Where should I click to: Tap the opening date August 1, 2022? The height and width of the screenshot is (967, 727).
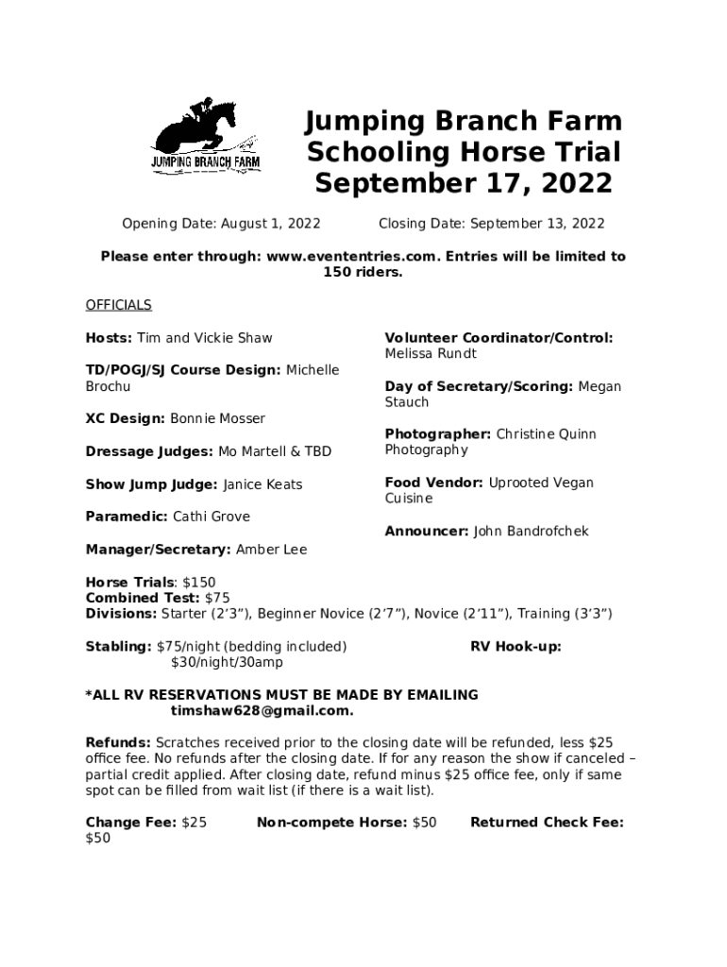(x=270, y=224)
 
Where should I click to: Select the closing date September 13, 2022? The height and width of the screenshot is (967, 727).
(x=537, y=224)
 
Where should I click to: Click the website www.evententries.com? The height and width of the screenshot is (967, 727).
(x=353, y=256)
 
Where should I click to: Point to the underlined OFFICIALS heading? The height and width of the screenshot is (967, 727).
(x=118, y=305)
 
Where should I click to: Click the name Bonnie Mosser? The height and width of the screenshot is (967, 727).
(x=218, y=418)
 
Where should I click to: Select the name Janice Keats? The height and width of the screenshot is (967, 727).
(x=262, y=484)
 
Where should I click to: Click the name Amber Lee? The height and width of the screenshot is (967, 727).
(x=271, y=550)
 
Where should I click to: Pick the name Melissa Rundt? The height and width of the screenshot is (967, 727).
(x=431, y=353)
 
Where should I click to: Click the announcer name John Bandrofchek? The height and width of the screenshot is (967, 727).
(x=531, y=531)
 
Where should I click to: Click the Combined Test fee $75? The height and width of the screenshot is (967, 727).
(x=217, y=598)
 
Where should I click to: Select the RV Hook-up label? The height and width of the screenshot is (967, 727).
(x=516, y=647)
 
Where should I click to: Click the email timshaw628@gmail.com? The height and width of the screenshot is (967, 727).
(x=262, y=711)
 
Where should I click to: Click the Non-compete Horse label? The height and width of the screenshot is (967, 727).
(x=331, y=823)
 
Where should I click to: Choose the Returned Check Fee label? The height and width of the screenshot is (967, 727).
(x=547, y=823)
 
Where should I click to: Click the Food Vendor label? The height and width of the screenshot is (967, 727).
(x=434, y=483)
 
